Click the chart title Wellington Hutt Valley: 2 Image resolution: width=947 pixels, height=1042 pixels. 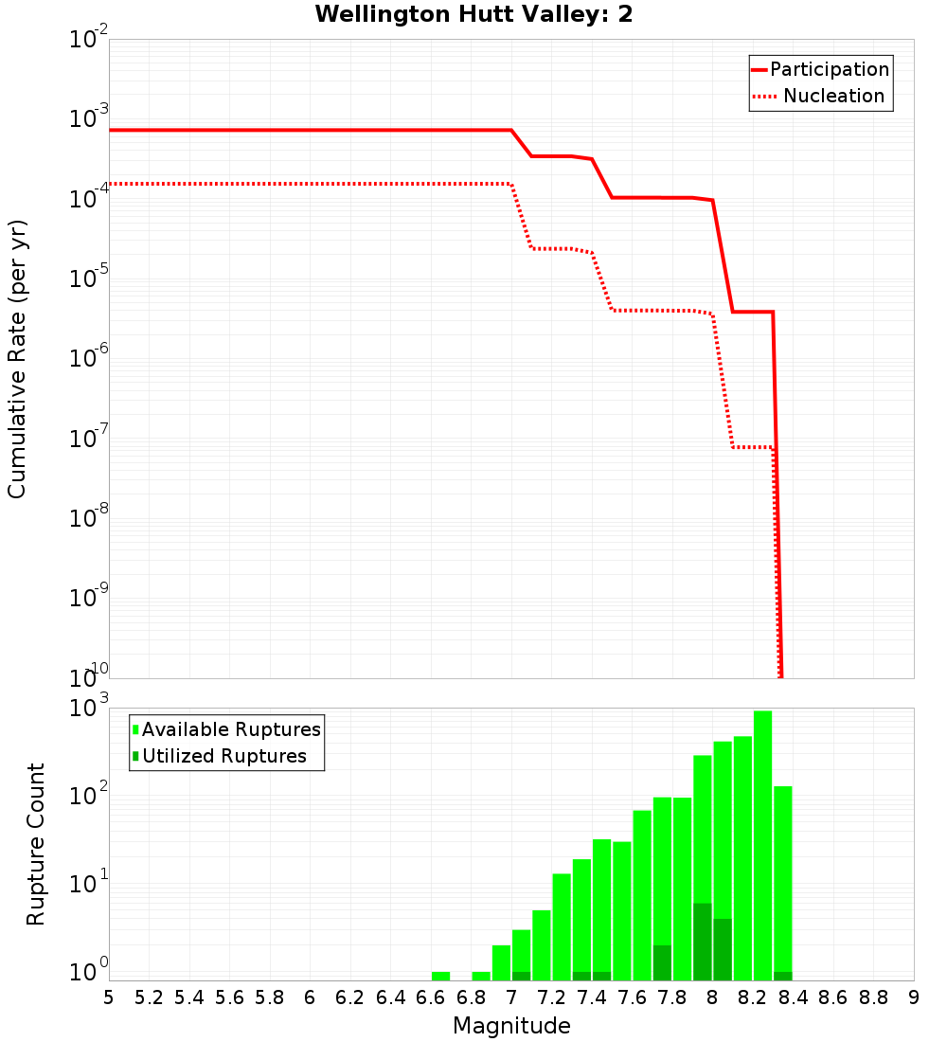pos(473,14)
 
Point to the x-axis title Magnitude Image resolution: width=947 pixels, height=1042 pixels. pos(511,1026)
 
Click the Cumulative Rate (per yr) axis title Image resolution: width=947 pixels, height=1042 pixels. pos(17,359)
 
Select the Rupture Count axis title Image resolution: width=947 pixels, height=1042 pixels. pos(36,844)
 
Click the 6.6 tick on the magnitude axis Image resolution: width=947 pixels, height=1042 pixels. pos(431,997)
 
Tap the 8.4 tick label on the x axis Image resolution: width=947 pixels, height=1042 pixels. pos(793,997)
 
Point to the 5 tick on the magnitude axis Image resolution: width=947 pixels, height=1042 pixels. pos(109,997)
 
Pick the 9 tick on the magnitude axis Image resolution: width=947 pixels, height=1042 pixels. pos(913,997)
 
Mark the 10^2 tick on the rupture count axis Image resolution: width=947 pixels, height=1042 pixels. pos(89,795)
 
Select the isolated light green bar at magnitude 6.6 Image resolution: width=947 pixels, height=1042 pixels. pos(440,976)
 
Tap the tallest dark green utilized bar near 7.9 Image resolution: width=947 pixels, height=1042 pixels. pos(702,942)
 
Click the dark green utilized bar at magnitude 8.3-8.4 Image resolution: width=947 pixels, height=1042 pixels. pos(782,976)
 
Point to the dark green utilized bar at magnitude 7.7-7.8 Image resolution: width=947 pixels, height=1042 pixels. pos(662,962)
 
